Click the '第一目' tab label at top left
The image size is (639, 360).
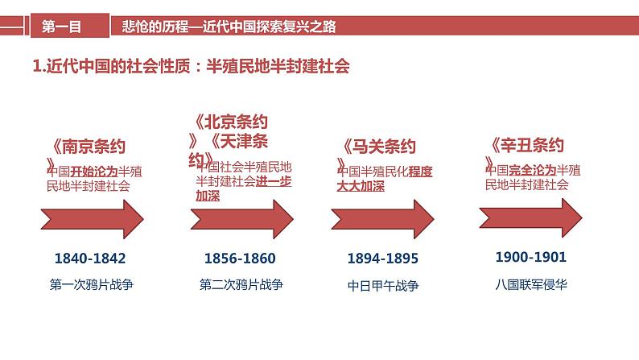click(62, 27)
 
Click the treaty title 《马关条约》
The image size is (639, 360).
click(379, 147)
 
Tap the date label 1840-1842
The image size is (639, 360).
click(90, 259)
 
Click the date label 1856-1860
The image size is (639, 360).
click(240, 259)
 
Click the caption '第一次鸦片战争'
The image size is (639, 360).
click(90, 284)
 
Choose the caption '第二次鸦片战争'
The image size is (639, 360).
click(241, 284)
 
